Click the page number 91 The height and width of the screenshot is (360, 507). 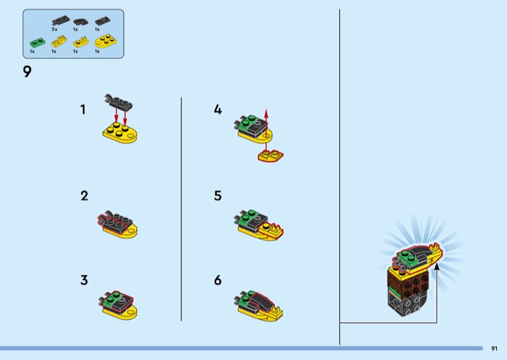coord(494,349)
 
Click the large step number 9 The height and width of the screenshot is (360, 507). coord(27,72)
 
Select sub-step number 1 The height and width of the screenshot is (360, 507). coord(83,110)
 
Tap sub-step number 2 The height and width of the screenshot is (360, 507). coord(84,196)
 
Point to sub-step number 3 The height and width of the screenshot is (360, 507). coord(84,280)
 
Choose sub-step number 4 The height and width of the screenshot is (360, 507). coord(218,110)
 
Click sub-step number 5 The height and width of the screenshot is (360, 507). coord(218,196)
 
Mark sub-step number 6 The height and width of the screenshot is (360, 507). coord(218,280)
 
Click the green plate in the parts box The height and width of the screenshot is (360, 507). coord(37,42)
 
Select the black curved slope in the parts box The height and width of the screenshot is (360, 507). coord(80,22)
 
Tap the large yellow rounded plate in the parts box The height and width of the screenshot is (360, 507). coord(106,41)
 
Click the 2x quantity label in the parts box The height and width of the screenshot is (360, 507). coord(55,29)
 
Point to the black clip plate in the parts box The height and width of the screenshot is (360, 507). coord(60,20)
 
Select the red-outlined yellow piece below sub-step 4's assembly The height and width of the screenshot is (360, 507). coord(271,156)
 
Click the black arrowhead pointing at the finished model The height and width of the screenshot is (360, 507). coord(437,267)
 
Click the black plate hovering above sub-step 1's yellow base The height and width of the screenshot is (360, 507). coord(119,103)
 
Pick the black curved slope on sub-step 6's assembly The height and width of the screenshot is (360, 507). coord(261,301)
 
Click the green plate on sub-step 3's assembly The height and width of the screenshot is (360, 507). coord(111,300)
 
